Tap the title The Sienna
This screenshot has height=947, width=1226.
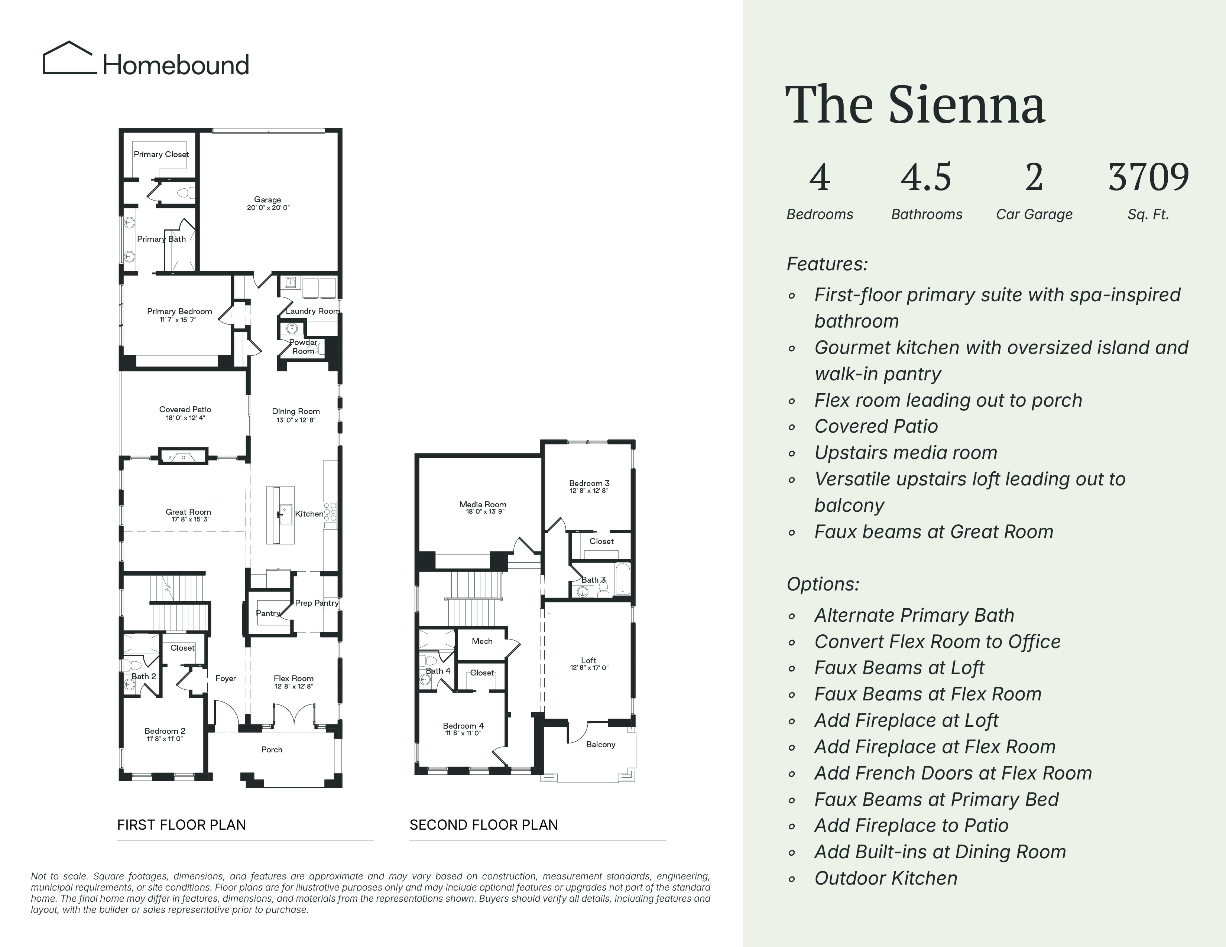coord(915,104)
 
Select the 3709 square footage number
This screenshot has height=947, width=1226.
coord(1148,177)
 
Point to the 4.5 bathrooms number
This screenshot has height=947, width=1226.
coord(926,177)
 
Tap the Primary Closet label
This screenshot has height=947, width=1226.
coord(161,154)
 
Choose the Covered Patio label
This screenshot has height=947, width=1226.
coord(185,410)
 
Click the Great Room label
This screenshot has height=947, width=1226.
coord(188,512)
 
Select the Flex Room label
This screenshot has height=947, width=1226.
coord(293,678)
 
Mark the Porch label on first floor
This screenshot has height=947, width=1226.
coord(272,749)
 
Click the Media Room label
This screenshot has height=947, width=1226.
coord(483,504)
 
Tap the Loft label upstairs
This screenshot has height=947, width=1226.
coord(589,660)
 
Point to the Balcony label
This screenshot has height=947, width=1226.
coord(601,745)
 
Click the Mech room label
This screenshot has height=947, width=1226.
coord(482,641)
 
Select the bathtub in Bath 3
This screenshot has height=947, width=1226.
coord(623,580)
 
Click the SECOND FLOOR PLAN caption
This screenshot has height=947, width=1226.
coord(484,825)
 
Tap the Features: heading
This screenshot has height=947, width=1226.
coord(827,264)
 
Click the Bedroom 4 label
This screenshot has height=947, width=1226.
coord(463,726)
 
